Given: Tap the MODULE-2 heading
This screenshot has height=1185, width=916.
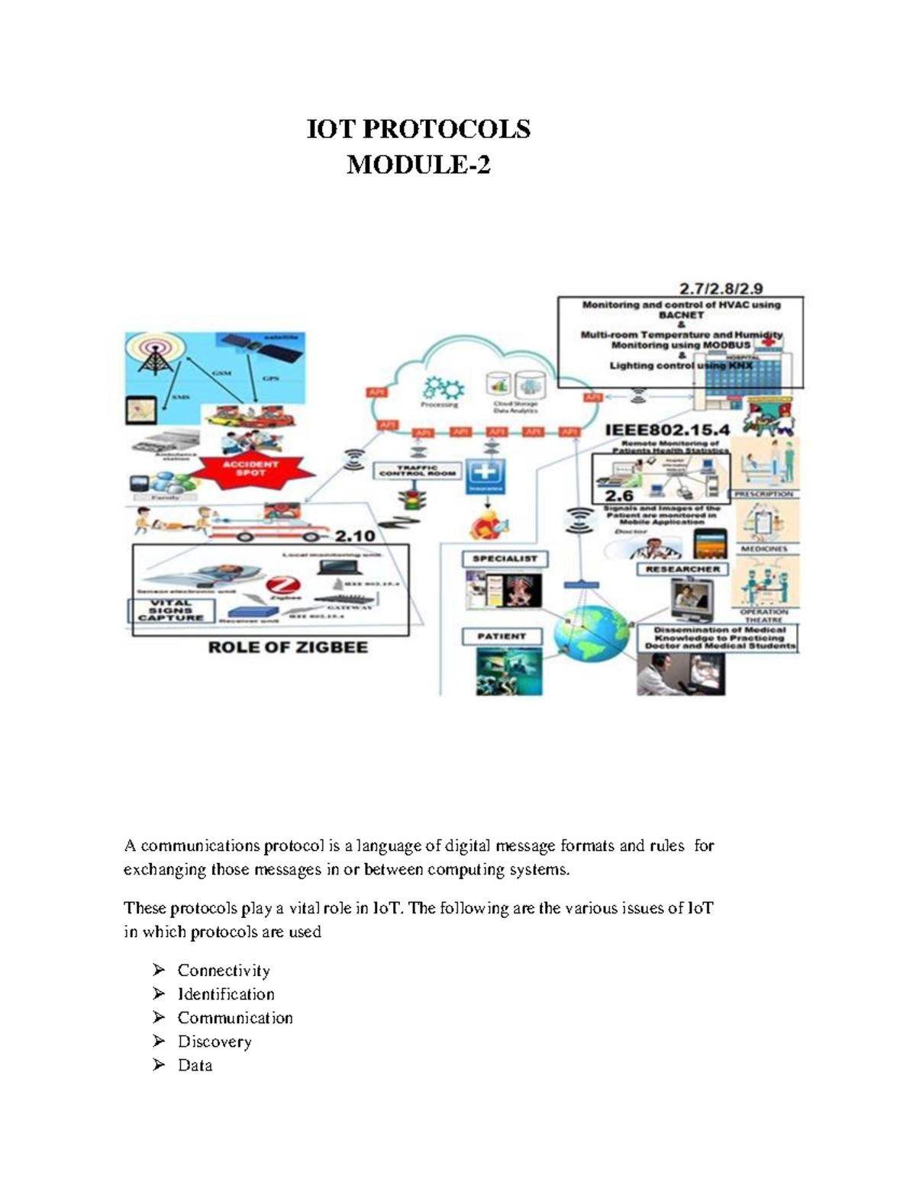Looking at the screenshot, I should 418,165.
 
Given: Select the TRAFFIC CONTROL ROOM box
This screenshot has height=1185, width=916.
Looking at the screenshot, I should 418,471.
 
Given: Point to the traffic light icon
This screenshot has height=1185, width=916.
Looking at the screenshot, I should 415,500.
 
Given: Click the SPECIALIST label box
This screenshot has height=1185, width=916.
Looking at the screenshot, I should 505,559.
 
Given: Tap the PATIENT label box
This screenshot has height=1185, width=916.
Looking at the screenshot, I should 502,636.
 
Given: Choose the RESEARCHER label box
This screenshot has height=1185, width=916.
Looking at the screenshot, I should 682,569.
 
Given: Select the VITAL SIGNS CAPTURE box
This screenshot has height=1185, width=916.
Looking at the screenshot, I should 171,610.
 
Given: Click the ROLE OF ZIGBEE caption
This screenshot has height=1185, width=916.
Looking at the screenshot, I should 289,648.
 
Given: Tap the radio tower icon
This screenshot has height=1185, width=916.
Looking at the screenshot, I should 156,354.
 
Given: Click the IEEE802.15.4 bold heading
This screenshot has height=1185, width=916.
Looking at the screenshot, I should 667,430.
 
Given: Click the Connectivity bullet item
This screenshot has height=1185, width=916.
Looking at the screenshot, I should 224,971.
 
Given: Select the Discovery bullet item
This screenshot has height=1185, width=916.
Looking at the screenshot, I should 214,1042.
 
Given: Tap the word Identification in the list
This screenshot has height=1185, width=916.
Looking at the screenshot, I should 226,994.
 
